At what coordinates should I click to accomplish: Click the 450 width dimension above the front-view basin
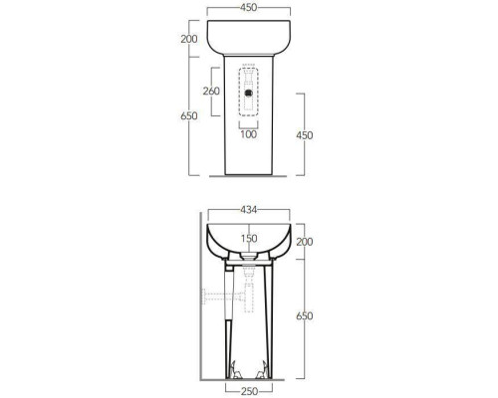point(248,7)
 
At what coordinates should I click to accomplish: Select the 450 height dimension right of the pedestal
point(305,135)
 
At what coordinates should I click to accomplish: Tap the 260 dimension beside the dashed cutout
point(211,91)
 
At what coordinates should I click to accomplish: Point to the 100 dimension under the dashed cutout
point(249,134)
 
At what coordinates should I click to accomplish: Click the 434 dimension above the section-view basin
point(249,210)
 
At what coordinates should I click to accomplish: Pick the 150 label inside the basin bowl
point(249,239)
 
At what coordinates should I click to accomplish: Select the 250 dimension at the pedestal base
point(249,391)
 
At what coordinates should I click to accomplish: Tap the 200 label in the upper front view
point(189,39)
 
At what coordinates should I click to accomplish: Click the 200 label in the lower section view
point(305,242)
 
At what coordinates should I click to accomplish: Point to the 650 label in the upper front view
point(189,116)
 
